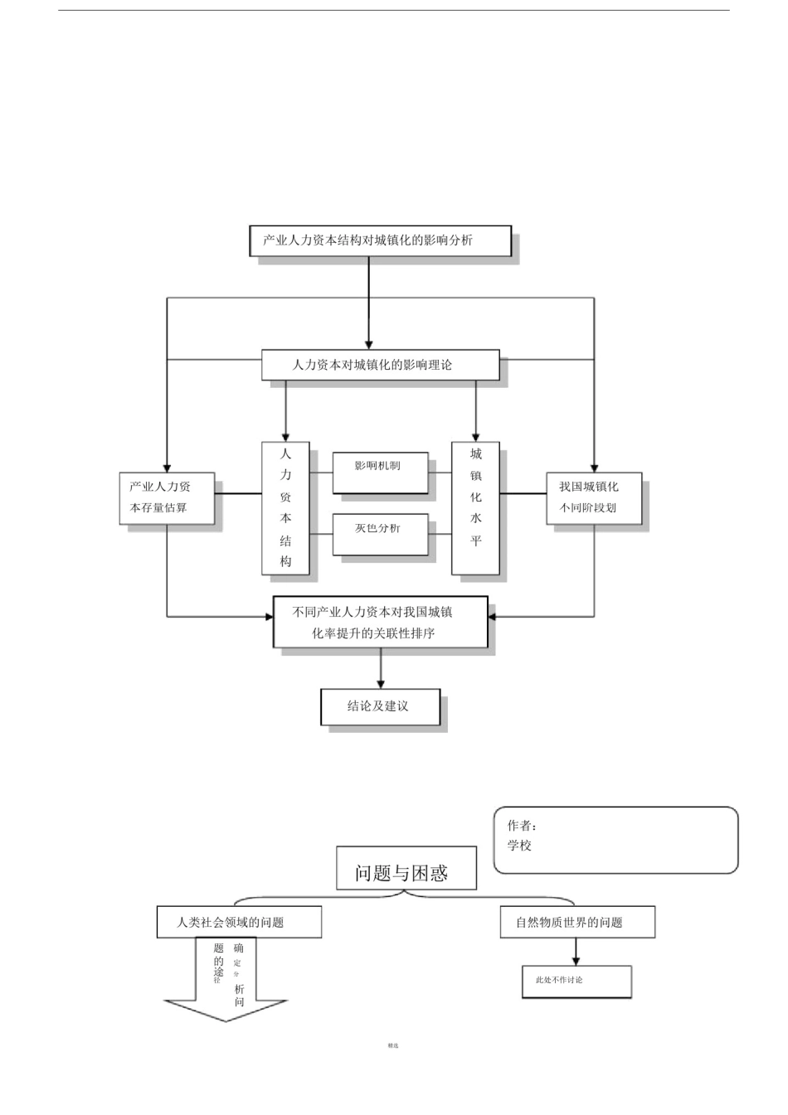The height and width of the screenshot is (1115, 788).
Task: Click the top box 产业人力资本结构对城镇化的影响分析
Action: tap(380, 240)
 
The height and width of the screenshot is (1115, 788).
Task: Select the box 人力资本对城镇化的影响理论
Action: tap(380, 365)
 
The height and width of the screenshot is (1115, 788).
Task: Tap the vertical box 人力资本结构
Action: tap(285, 507)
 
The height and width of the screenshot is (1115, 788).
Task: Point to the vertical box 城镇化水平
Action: tap(475, 507)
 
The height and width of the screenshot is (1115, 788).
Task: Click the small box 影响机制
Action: tap(380, 473)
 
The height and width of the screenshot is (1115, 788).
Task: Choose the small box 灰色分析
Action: tap(380, 535)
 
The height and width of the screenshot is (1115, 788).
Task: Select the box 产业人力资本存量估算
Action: tap(167, 498)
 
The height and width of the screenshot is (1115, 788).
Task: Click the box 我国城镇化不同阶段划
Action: tap(594, 498)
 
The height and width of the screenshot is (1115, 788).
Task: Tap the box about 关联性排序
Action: tap(381, 622)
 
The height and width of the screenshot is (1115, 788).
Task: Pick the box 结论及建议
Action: tap(380, 706)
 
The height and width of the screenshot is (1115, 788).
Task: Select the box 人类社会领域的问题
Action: tap(239, 922)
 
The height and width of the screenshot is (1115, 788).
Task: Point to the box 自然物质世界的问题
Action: tap(577, 922)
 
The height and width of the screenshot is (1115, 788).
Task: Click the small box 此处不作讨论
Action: tap(576, 982)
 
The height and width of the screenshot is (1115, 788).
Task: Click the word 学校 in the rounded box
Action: tap(519, 846)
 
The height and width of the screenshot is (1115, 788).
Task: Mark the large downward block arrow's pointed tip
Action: tap(226, 1020)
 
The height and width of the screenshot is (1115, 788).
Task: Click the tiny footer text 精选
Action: tap(393, 1045)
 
